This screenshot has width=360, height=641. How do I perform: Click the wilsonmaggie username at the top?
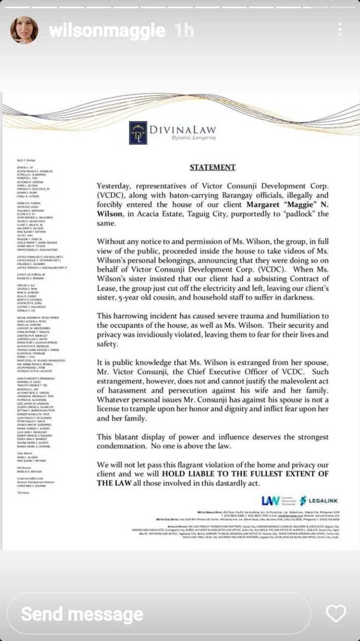107,31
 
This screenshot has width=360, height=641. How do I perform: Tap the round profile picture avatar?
24,30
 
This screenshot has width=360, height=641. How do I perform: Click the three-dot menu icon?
339,30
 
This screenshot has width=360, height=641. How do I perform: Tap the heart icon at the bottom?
336,613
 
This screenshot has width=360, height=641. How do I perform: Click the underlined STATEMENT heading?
212,167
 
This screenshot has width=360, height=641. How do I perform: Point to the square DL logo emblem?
138,132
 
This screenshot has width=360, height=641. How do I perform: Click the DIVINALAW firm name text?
183,130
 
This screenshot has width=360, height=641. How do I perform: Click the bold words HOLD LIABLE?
188,474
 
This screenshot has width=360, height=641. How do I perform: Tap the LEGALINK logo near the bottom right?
319,501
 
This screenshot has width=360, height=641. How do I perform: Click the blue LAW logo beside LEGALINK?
270,501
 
